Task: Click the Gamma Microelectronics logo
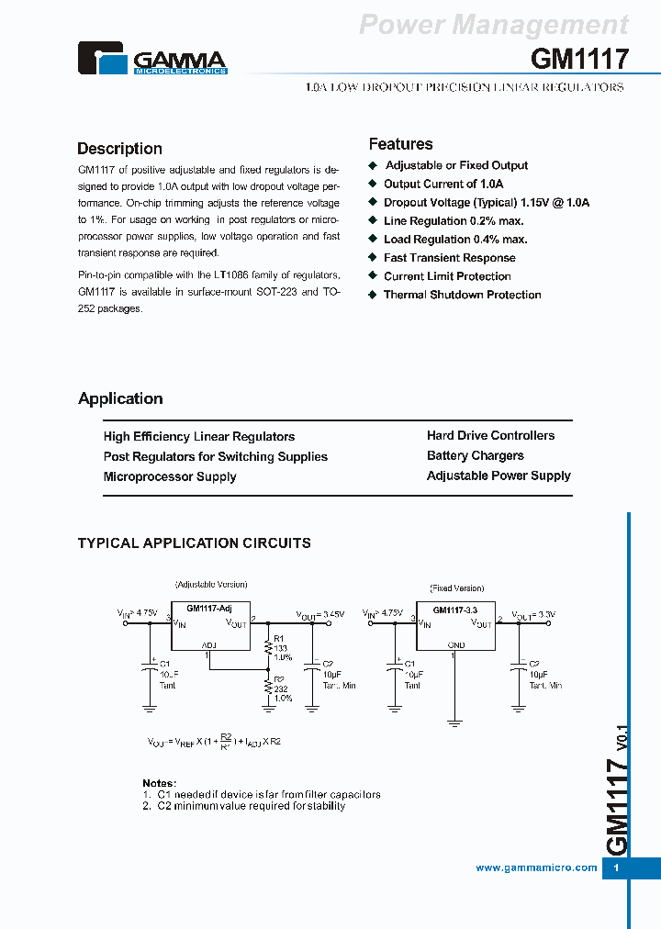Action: [151, 58]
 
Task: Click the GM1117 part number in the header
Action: [579, 60]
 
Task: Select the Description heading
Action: [119, 149]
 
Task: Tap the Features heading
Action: [400, 144]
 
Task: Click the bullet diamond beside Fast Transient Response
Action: [373, 258]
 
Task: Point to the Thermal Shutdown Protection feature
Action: [462, 295]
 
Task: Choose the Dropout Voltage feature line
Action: [486, 202]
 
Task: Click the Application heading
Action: [120, 398]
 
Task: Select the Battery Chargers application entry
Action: [475, 455]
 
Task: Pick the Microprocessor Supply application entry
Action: [170, 476]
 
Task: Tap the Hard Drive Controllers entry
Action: [490, 435]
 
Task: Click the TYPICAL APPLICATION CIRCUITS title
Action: [194, 543]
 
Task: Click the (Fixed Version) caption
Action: [456, 588]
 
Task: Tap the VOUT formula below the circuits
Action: [214, 741]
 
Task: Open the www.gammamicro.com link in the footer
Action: [536, 867]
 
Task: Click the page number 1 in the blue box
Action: [616, 867]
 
